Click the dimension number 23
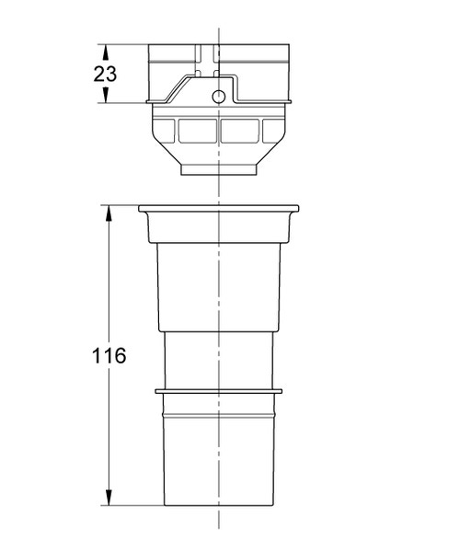tap(105, 74)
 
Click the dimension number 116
tap(109, 355)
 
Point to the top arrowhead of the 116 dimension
tap(109, 213)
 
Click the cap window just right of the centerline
tap(240, 132)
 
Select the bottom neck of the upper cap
tap(219, 170)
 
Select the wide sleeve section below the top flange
tap(219, 285)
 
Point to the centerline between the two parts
tap(218, 190)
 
